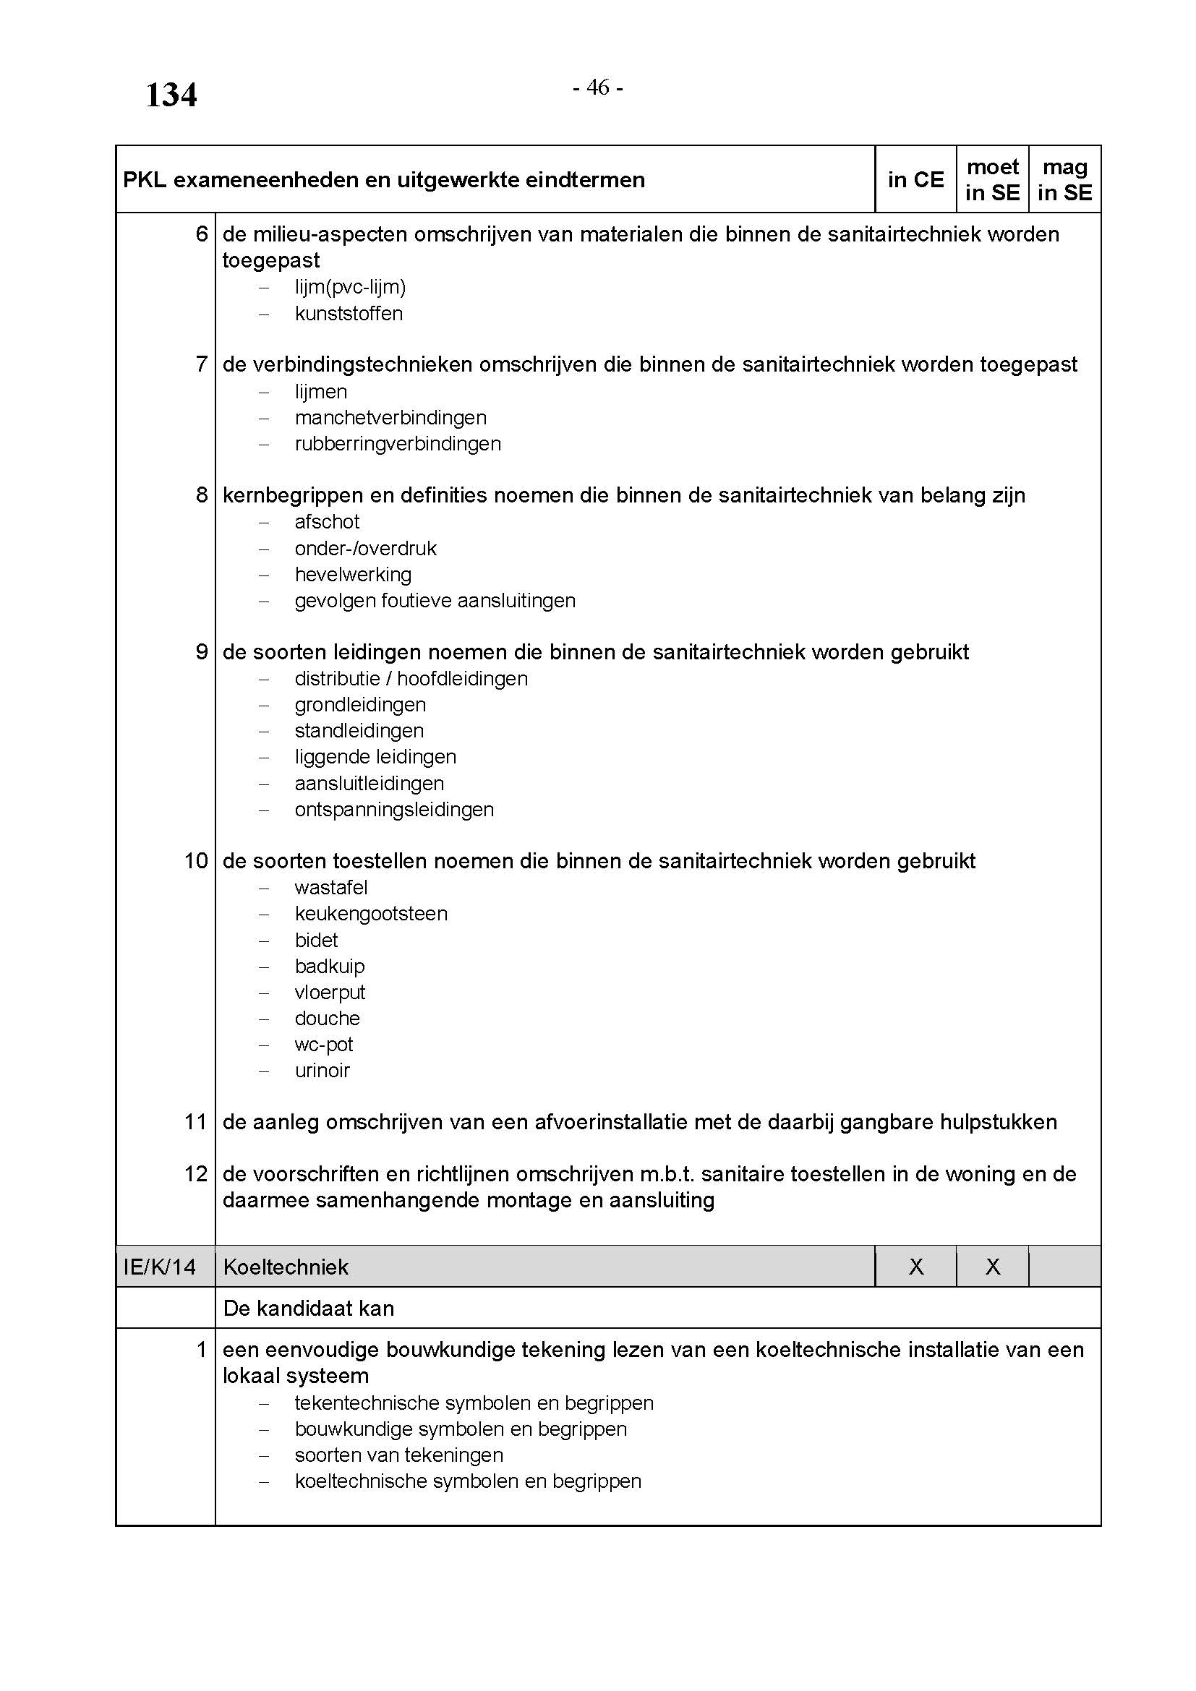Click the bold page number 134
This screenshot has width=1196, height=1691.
171,95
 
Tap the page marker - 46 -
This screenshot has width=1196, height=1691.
598,87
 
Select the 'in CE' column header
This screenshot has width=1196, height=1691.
915,180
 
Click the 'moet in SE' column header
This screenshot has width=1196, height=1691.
992,180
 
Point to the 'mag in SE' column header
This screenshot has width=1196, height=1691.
1064,180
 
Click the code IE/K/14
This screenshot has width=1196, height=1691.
160,1267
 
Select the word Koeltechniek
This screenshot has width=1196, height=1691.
286,1267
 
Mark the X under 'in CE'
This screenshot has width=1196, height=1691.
916,1267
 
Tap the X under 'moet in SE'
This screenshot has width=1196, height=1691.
993,1267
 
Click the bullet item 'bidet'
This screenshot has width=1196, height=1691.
316,941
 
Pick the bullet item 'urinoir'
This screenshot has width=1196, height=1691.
322,1071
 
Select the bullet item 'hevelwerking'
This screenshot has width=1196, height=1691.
353,575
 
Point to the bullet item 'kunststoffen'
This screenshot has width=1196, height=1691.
349,314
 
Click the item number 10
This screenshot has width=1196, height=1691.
196,861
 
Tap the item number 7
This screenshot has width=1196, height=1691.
202,364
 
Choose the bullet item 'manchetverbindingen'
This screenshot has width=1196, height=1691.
390,419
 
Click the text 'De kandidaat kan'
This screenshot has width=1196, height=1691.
309,1308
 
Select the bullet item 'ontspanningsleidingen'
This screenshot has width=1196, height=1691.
394,810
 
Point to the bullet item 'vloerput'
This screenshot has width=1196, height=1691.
330,993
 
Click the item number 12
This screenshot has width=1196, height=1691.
196,1174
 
